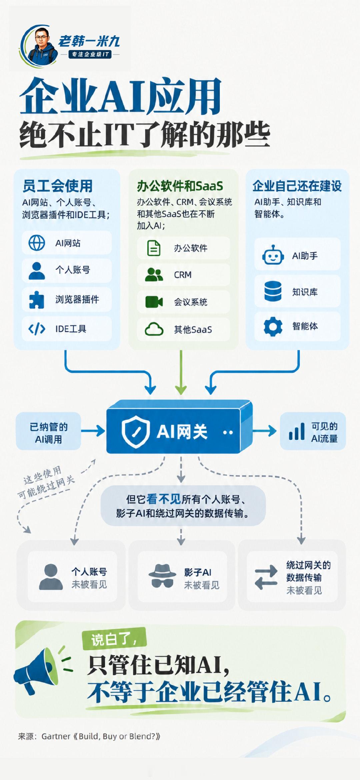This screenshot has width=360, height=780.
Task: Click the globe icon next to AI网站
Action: (37, 243)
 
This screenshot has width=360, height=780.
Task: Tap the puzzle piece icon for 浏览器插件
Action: (37, 299)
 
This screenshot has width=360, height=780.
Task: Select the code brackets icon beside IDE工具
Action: (37, 329)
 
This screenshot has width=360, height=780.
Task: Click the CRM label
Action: (183, 275)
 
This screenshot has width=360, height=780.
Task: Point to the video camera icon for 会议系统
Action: (154, 302)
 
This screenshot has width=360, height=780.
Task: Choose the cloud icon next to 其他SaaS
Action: (154, 329)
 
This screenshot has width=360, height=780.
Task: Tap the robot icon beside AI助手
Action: (273, 255)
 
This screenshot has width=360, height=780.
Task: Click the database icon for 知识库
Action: (273, 291)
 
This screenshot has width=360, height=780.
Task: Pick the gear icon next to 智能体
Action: (273, 327)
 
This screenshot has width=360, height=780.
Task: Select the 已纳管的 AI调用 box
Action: (49, 431)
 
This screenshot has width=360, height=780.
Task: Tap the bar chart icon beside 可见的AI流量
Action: (296, 431)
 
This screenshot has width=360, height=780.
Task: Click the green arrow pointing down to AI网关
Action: (181, 372)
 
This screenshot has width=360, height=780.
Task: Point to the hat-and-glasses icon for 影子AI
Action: (162, 576)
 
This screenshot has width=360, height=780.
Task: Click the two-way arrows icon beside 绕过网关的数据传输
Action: (266, 577)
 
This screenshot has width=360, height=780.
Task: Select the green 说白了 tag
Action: (114, 639)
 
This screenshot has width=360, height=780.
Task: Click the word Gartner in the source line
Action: (56, 736)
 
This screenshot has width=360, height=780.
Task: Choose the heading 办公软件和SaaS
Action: (180, 186)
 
